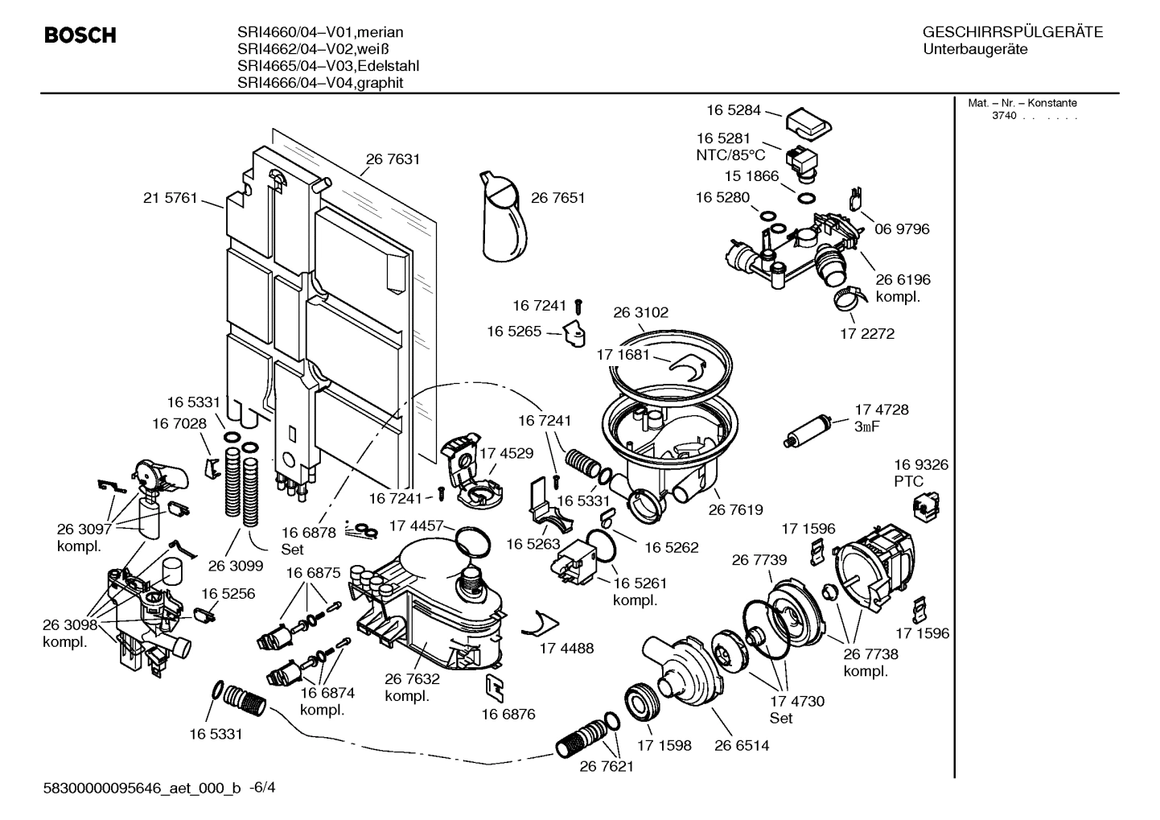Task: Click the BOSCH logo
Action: [80, 36]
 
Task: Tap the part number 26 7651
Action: [557, 198]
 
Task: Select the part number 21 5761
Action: [170, 198]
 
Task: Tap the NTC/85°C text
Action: [730, 155]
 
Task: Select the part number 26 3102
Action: [640, 312]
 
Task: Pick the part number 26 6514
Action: [742, 745]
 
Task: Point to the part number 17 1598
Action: [664, 745]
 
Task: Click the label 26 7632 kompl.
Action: [412, 687]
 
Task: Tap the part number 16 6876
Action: [508, 714]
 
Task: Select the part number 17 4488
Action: [566, 648]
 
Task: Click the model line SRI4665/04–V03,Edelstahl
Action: [327, 66]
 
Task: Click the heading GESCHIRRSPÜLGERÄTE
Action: [1013, 32]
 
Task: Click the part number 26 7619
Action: [735, 509]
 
